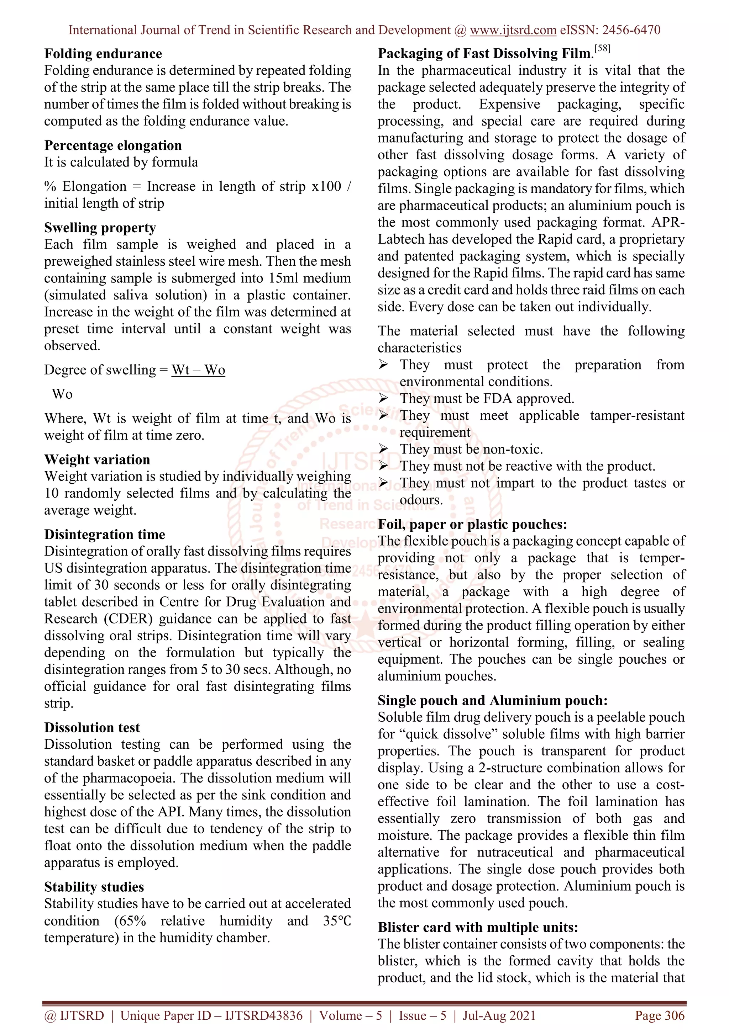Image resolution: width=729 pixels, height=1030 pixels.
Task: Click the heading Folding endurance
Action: (103, 54)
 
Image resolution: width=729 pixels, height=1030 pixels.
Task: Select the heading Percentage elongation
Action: (113, 145)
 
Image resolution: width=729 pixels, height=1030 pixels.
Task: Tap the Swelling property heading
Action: (100, 228)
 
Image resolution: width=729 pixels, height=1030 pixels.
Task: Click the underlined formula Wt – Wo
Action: (198, 370)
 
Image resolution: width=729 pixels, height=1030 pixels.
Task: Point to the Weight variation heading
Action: (97, 460)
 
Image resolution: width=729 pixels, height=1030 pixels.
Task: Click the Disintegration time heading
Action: (104, 534)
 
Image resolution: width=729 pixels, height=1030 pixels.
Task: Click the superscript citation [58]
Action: (602, 48)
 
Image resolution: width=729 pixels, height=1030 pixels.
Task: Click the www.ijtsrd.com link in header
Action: (513, 30)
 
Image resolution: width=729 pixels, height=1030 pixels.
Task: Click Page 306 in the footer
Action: (659, 1016)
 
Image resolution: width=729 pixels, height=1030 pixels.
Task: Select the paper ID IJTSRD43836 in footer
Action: (263, 1016)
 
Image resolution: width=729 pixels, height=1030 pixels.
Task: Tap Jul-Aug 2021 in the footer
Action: (499, 1016)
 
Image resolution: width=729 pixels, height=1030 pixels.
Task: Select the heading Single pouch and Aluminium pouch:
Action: (492, 700)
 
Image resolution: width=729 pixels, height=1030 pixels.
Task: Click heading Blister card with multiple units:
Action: (478, 927)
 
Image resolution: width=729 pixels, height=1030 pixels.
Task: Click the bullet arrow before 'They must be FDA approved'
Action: (383, 398)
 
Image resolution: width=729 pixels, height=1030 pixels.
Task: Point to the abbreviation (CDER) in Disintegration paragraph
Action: (129, 619)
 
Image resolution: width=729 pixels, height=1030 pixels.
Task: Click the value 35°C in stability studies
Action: (337, 921)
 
